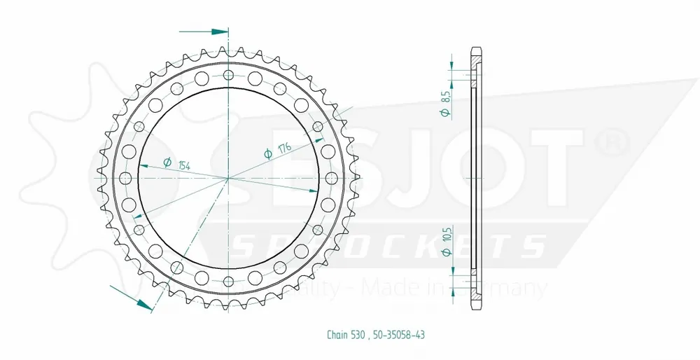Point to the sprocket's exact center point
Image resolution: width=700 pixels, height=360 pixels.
(228, 179)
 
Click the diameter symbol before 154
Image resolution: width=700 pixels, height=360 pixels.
(167, 162)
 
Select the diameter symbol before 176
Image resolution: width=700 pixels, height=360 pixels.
(268, 155)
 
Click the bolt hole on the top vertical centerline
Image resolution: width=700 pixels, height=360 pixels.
(228, 76)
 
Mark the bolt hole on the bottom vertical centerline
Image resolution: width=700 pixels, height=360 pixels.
(228, 281)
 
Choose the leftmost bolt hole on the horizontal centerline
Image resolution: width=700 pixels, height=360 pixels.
(126, 179)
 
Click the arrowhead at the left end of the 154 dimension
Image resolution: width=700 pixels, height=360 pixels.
(142, 166)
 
